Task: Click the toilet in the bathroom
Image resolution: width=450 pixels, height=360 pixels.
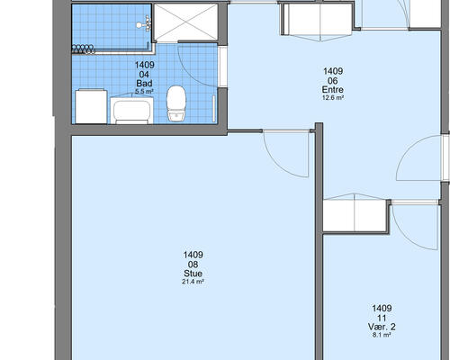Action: click(x=176, y=103)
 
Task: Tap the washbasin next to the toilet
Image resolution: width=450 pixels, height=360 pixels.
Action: click(x=132, y=111)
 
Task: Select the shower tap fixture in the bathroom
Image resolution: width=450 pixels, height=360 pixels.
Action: click(x=144, y=24)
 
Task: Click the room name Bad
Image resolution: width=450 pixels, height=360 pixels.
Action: click(x=144, y=83)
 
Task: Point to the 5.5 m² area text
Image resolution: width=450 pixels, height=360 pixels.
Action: click(x=144, y=92)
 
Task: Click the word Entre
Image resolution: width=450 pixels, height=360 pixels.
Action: click(x=333, y=89)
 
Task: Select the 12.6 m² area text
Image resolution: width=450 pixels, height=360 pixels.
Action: click(x=333, y=97)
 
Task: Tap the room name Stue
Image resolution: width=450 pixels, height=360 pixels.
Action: click(x=193, y=274)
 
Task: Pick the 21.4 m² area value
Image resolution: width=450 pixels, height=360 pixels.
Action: click(x=193, y=282)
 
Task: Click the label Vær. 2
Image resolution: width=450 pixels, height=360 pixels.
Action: click(x=382, y=327)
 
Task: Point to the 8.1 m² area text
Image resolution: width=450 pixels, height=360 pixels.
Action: click(x=382, y=335)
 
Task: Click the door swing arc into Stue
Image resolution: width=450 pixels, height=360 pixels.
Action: click(x=276, y=165)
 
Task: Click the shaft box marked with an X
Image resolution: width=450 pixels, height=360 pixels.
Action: click(x=185, y=22)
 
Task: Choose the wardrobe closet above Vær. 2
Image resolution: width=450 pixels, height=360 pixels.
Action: click(x=355, y=216)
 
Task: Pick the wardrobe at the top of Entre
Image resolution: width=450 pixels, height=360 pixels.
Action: click(x=319, y=20)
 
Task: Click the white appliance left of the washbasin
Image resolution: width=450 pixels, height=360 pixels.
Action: click(x=91, y=106)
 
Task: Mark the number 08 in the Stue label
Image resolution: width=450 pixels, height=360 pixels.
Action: click(x=193, y=265)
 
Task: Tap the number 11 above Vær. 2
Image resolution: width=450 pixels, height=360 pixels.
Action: click(x=382, y=318)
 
